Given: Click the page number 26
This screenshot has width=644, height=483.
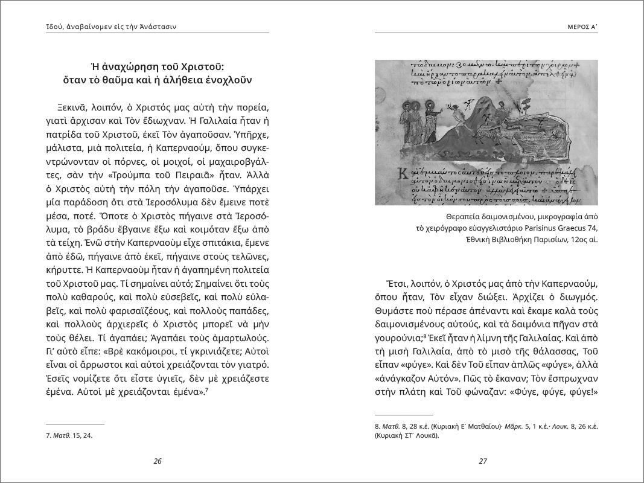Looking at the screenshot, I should [x=157, y=461].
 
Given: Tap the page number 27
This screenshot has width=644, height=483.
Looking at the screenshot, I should [x=482, y=461].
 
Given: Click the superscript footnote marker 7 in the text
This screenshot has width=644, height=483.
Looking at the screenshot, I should [x=206, y=389].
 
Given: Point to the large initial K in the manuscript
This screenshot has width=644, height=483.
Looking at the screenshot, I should [x=383, y=173].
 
